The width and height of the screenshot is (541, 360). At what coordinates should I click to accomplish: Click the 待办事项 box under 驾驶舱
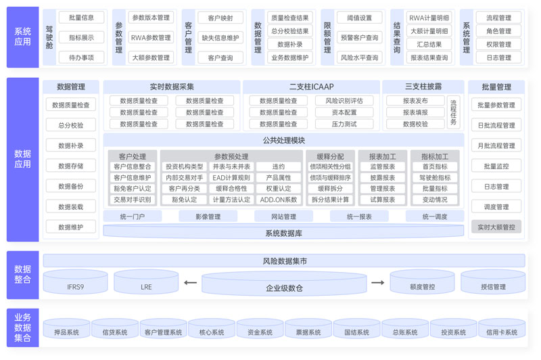click(x=81, y=58)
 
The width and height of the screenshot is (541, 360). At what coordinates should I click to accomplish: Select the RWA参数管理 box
click(x=151, y=38)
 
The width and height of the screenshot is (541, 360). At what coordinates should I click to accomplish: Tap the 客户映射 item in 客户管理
click(x=220, y=18)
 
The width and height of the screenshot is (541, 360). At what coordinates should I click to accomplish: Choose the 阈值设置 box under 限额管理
click(x=359, y=18)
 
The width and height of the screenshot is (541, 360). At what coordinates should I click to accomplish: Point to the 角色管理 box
click(x=498, y=31)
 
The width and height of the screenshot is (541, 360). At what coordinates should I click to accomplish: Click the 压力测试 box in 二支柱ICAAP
click(x=344, y=124)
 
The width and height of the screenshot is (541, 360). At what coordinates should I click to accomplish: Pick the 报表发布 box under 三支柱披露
click(x=415, y=101)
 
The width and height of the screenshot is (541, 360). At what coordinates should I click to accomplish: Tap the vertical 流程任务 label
click(x=453, y=113)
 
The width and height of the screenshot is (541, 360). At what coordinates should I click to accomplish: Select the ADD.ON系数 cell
click(x=279, y=200)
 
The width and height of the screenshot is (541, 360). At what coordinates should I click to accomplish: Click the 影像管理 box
click(x=208, y=217)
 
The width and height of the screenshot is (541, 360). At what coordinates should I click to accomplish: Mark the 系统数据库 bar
click(x=283, y=233)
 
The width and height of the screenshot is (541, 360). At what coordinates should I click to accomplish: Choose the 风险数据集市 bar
click(x=284, y=261)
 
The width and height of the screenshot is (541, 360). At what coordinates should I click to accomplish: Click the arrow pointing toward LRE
click(x=190, y=283)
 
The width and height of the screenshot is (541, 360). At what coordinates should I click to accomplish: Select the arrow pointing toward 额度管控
click(x=377, y=283)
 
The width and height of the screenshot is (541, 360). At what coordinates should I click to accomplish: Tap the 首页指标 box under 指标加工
click(x=435, y=166)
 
